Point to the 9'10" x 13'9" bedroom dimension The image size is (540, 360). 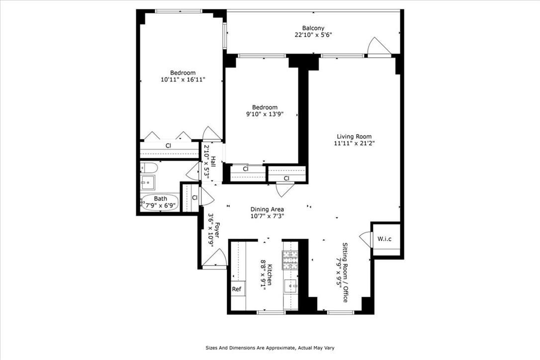[264, 114]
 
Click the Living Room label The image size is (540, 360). [354, 137]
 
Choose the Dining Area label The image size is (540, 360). [267, 209]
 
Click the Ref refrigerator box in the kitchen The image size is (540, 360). [237, 289]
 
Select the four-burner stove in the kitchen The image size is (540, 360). [290, 260]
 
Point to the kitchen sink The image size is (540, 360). [290, 285]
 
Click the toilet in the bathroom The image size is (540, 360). [148, 168]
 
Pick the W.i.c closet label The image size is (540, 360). [384, 239]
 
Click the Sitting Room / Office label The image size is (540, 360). [345, 272]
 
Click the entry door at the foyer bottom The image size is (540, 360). [215, 259]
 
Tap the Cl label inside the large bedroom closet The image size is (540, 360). [169, 146]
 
